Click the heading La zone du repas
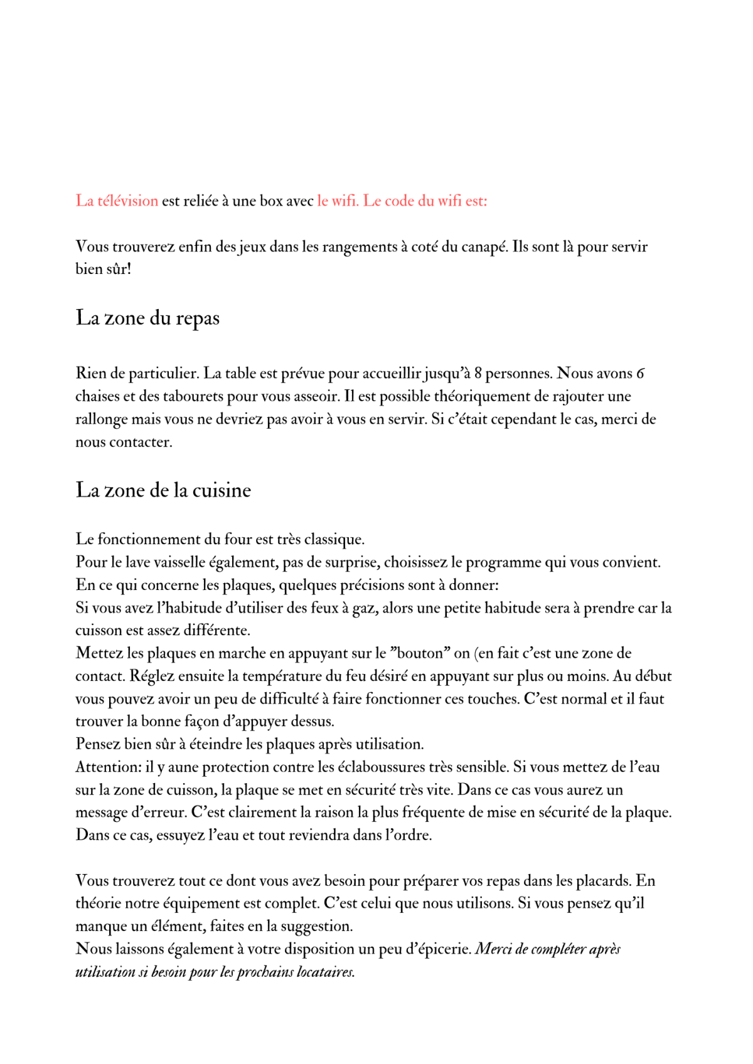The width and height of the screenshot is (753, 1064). [x=147, y=318]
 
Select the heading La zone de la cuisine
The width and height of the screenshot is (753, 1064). [x=163, y=490]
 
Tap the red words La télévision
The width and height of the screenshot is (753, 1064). [x=117, y=201]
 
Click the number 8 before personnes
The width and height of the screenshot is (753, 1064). [x=478, y=374]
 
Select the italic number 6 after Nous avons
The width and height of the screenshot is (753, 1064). [x=640, y=374]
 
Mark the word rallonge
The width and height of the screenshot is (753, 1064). [x=101, y=419]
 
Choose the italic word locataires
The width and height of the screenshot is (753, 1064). [x=325, y=972]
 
